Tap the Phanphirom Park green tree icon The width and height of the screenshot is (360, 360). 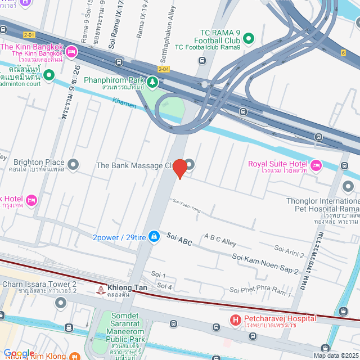pyautogui.click(x=153, y=83)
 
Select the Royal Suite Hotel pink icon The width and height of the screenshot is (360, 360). pyautogui.click(x=316, y=165)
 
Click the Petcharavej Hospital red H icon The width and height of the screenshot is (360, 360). pyautogui.click(x=236, y=320)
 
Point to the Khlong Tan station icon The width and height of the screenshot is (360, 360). pyautogui.click(x=100, y=290)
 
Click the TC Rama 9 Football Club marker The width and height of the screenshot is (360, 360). pyautogui.click(x=248, y=39)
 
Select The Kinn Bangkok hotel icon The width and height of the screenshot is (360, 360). pyautogui.click(x=71, y=52)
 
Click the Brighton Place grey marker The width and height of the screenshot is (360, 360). pyautogui.click(x=73, y=165)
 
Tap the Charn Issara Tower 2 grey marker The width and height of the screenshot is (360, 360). pyautogui.click(x=61, y=304)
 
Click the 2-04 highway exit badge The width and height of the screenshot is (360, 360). pyautogui.click(x=164, y=69)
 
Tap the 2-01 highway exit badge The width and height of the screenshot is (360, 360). pyautogui.click(x=29, y=35)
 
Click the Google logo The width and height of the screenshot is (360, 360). pyautogui.click(x=19, y=353)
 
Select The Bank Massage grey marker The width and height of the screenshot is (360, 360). pyautogui.click(x=190, y=165)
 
